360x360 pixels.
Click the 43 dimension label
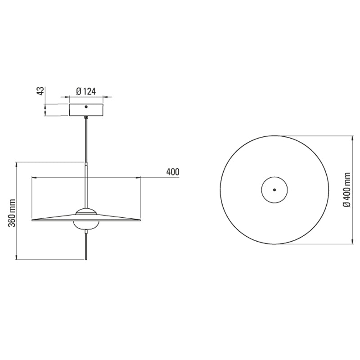coord(40,91)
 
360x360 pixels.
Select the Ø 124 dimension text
coord(86,91)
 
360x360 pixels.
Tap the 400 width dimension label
coord(172,172)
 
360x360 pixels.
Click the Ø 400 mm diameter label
coord(346,190)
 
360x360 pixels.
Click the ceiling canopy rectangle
coord(86,111)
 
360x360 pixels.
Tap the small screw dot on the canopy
coord(86,107)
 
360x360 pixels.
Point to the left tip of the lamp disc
coord(33,220)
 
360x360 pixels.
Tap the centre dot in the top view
coord(274,189)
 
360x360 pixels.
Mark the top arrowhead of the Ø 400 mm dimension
coord(352,136)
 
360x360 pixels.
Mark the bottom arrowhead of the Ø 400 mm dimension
coord(352,243)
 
